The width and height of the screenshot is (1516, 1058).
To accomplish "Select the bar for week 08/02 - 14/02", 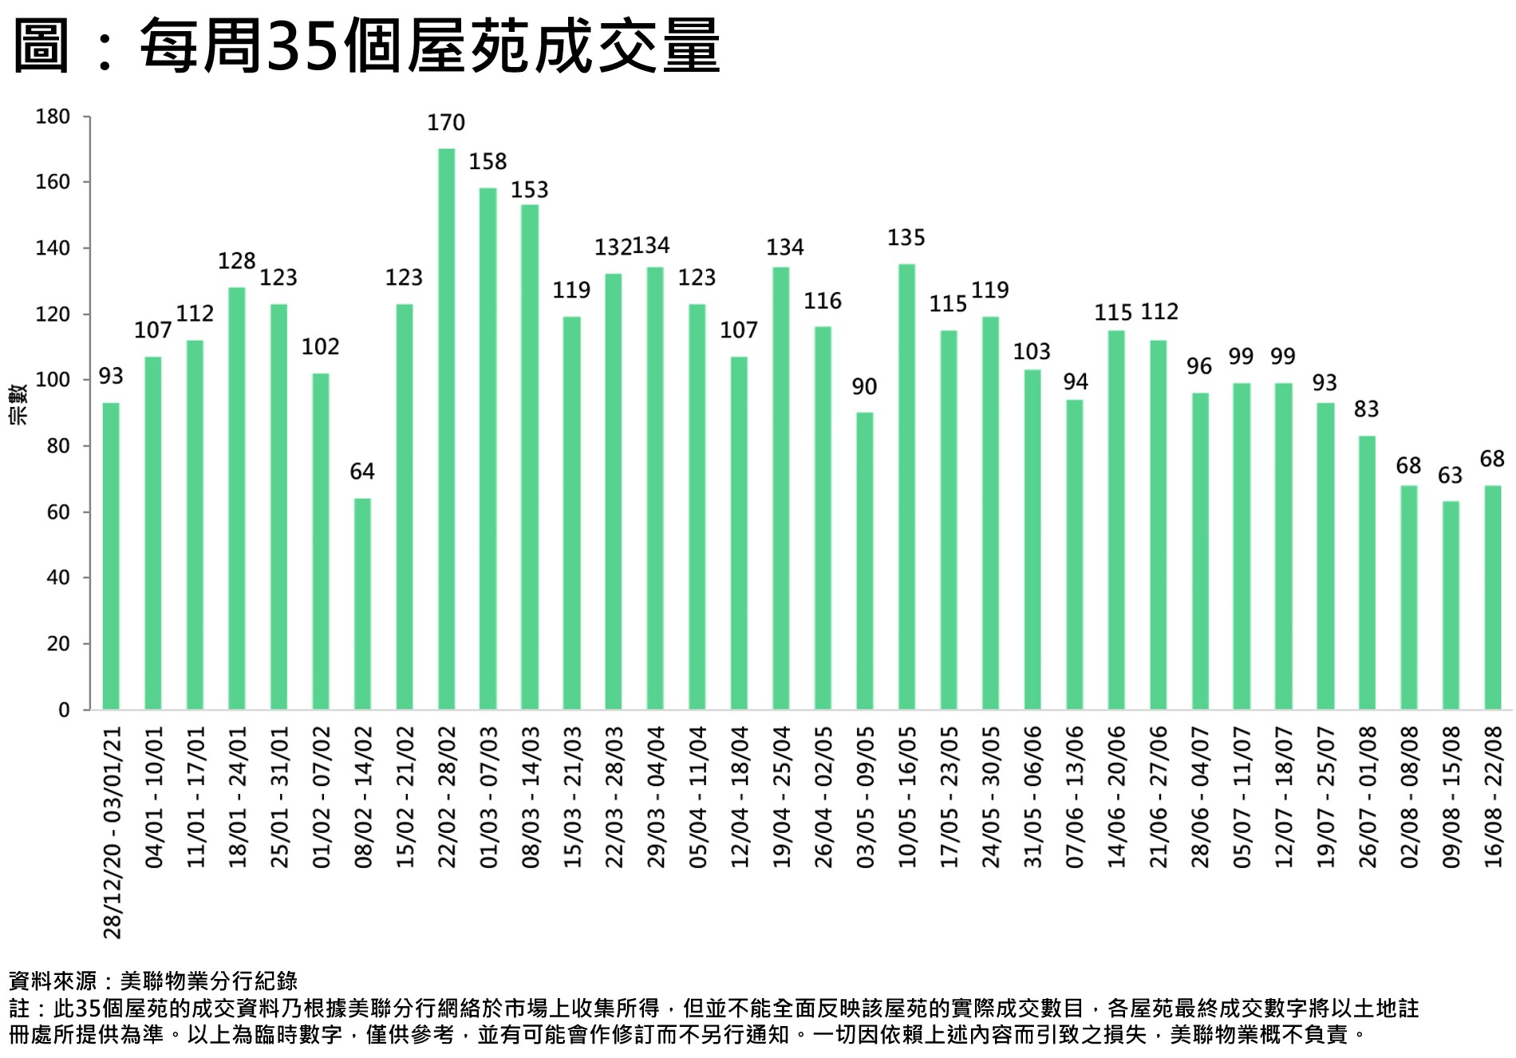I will (362, 604).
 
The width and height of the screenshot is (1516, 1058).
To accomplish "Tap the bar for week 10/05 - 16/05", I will (906, 487).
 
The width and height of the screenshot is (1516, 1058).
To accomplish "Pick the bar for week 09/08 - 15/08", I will (1450, 606).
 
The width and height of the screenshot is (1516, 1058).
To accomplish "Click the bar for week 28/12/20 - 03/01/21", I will (112, 556).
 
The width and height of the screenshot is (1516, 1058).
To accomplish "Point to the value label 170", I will (446, 123).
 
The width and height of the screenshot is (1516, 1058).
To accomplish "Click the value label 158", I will (488, 162).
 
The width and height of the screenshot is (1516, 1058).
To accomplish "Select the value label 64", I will (362, 472).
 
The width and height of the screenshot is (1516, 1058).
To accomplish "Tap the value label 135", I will (906, 238).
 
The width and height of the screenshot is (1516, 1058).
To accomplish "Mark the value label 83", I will (1366, 409).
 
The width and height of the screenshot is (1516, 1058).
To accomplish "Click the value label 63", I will (1450, 476).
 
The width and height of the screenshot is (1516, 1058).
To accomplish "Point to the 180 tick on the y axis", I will (53, 117).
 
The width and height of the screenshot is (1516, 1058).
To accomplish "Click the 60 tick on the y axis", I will (58, 512).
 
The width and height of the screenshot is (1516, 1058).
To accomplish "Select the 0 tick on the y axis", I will (64, 710).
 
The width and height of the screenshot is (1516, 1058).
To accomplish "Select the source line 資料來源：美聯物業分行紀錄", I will (153, 981).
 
